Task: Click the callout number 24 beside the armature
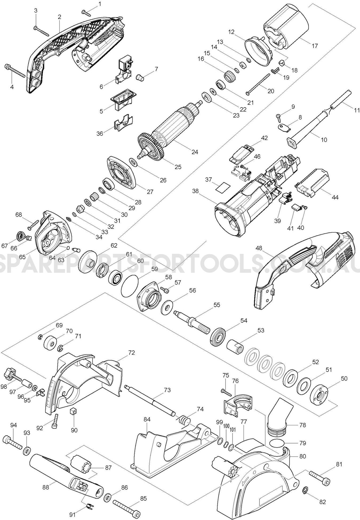tap(195, 152)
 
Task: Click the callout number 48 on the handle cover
tap(258, 248)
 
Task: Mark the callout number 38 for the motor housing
tap(195, 191)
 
